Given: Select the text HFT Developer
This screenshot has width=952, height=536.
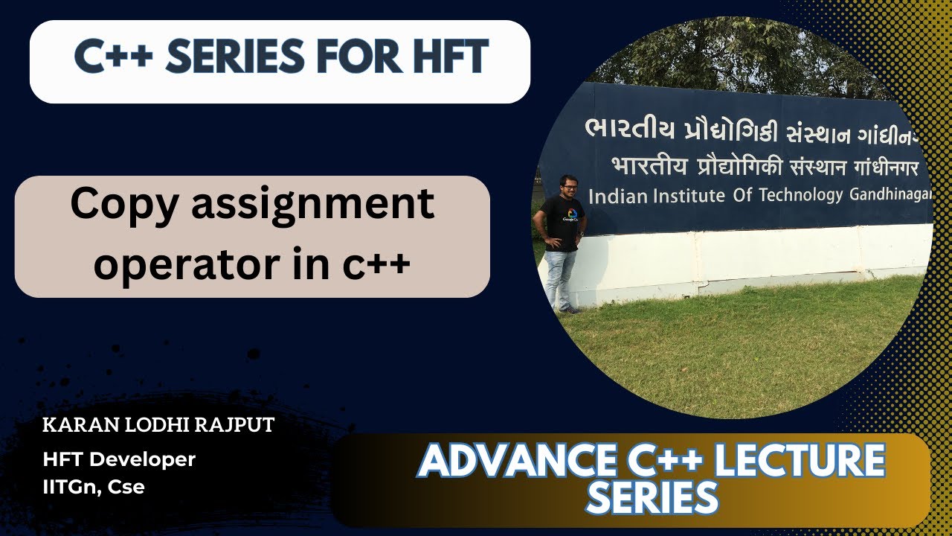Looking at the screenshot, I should tap(119, 460).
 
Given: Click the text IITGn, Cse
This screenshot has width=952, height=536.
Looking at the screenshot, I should tap(94, 487).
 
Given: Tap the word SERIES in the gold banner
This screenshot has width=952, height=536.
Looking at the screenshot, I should tap(652, 497).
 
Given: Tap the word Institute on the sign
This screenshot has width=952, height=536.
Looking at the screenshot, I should tap(678, 197).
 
